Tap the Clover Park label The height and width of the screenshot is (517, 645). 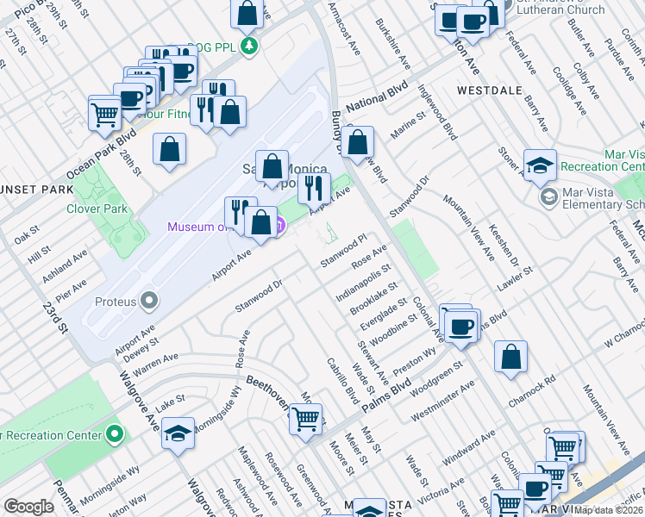point(97,209)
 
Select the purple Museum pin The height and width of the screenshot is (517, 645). point(279,226)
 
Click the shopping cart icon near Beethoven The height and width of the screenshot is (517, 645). point(305,420)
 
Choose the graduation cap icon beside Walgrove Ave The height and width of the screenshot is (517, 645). point(178,433)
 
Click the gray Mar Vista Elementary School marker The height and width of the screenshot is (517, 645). point(548,198)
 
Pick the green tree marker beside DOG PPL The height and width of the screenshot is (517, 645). point(249,45)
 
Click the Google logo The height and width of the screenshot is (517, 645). point(28,507)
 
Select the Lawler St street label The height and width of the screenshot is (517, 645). point(517,280)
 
